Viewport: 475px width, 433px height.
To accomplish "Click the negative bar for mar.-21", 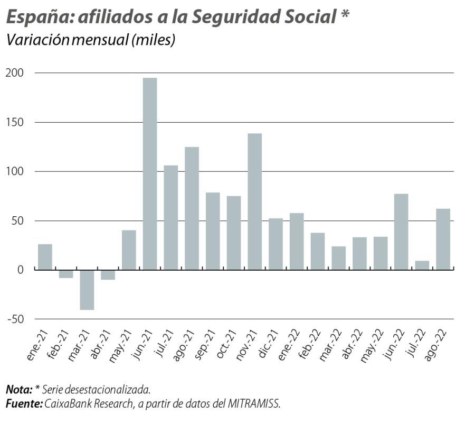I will click(87, 290).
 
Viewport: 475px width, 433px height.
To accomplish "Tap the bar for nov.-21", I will click(254, 201).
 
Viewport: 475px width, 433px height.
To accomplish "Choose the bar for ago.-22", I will click(443, 239).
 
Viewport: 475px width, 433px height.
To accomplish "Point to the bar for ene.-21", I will click(45, 257).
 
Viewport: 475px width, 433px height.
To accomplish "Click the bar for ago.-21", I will click(192, 208).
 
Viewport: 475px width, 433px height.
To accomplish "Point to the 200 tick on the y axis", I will click(16, 73).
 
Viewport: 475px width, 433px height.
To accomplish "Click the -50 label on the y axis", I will click(15, 319).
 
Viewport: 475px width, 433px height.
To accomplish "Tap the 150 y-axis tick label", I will click(16, 122).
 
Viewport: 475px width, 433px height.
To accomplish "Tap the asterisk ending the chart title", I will click(345, 15).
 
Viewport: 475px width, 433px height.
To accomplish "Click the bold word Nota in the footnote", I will click(18, 390).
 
